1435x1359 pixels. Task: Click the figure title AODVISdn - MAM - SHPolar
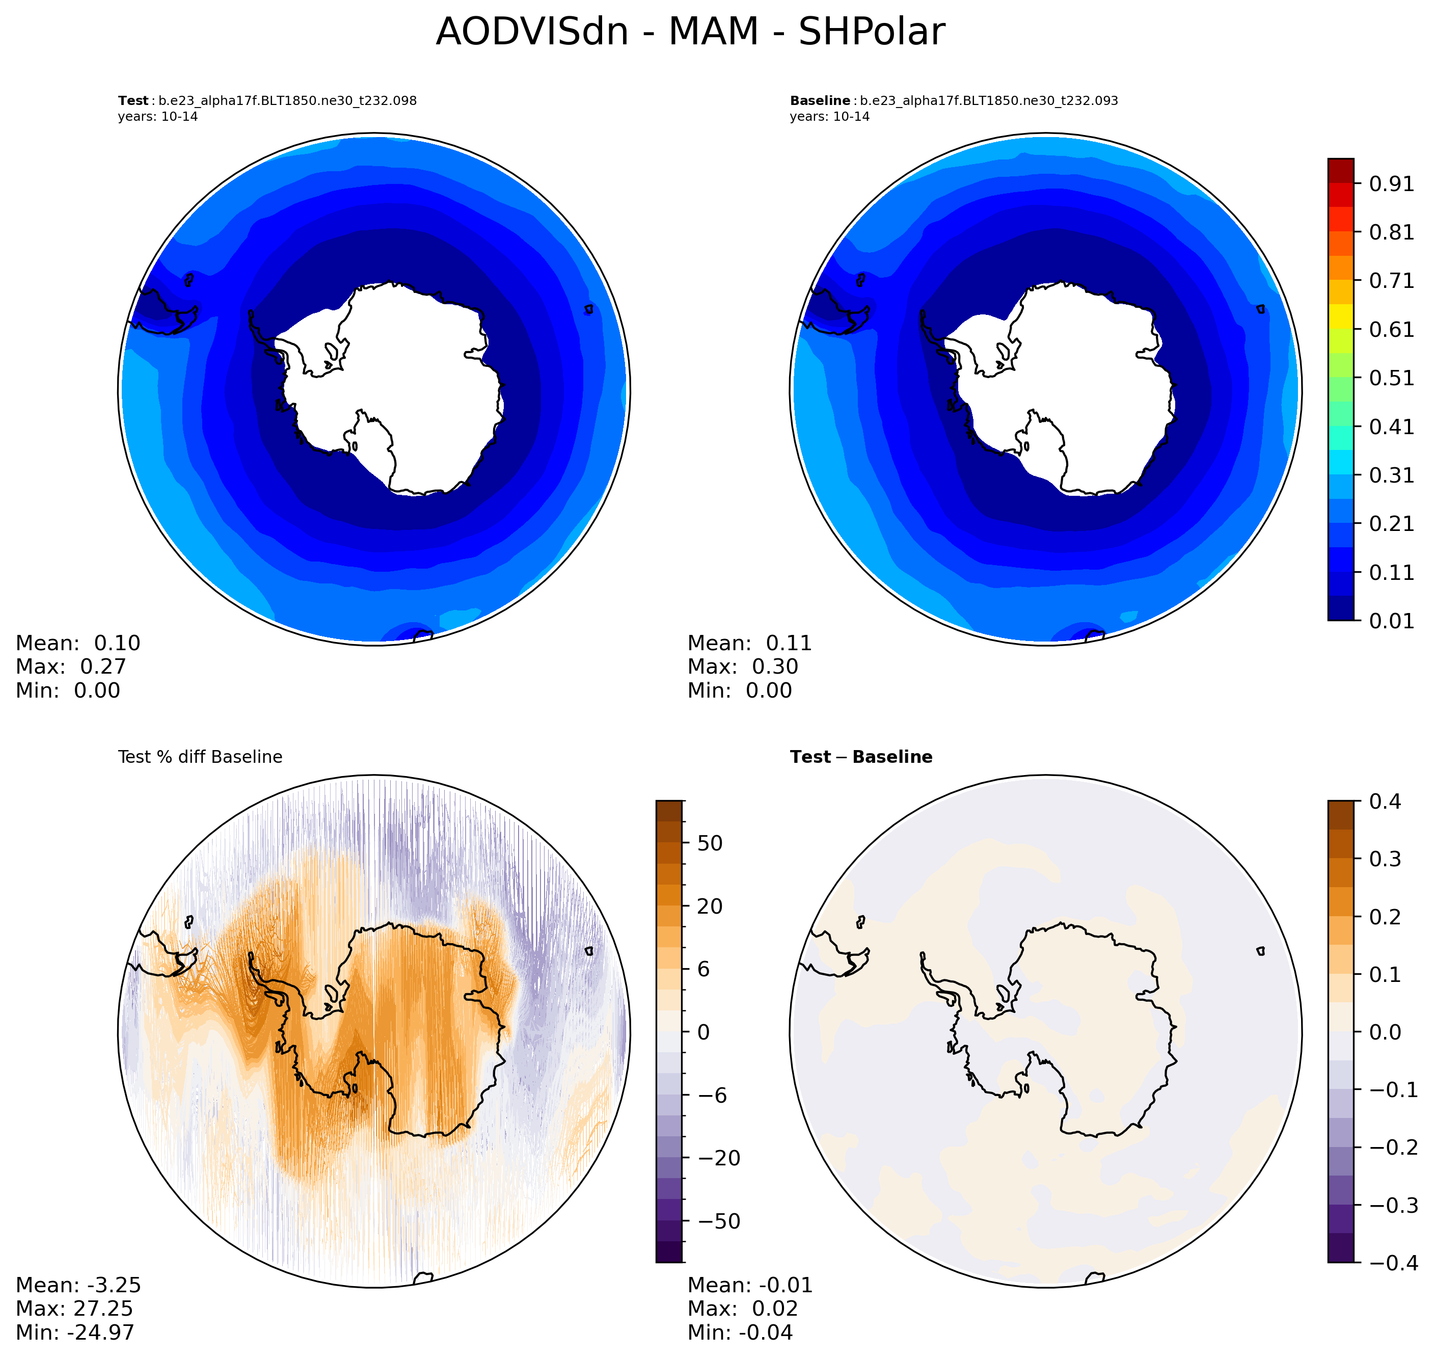[x=690, y=33]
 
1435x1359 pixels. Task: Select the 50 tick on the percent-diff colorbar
[x=710, y=843]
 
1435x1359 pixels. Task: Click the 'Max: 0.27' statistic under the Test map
[x=71, y=667]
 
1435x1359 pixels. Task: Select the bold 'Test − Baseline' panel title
[x=861, y=757]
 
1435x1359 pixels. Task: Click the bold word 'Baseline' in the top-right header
[x=820, y=101]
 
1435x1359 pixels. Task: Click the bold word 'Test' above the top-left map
[x=133, y=101]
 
